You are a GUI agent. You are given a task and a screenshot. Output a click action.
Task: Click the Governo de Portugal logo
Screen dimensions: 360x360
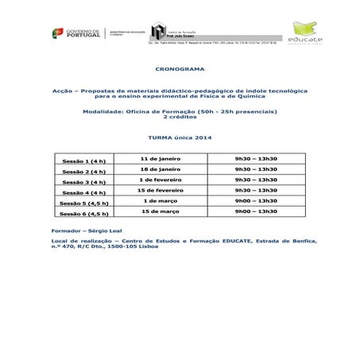77,33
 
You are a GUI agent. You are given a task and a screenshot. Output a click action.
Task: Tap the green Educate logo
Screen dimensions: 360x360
308,34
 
